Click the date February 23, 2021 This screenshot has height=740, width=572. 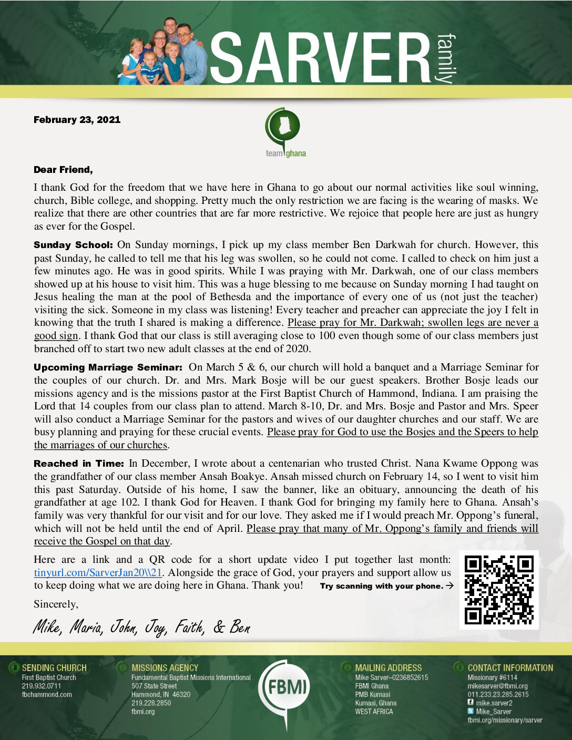[x=77, y=120]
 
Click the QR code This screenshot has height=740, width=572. [x=499, y=590]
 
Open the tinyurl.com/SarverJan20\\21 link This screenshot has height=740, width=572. [x=98, y=573]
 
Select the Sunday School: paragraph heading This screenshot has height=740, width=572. [x=73, y=245]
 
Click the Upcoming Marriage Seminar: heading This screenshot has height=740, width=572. [x=108, y=367]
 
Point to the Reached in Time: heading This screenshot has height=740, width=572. [x=79, y=464]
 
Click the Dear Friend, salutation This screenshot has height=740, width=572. [x=63, y=170]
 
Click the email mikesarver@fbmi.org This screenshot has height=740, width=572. [x=497, y=686]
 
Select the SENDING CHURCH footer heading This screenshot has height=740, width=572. [x=54, y=668]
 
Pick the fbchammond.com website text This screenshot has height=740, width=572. [x=47, y=694]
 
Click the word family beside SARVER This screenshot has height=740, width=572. [x=445, y=58]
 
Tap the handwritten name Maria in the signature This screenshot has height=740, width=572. [x=86, y=627]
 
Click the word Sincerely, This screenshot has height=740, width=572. [x=56, y=604]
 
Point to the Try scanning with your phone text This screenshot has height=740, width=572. [x=382, y=586]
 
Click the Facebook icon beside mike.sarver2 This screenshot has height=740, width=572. [x=471, y=702]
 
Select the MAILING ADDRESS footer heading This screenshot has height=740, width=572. [x=388, y=668]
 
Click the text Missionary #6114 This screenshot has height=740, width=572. [x=492, y=677]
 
